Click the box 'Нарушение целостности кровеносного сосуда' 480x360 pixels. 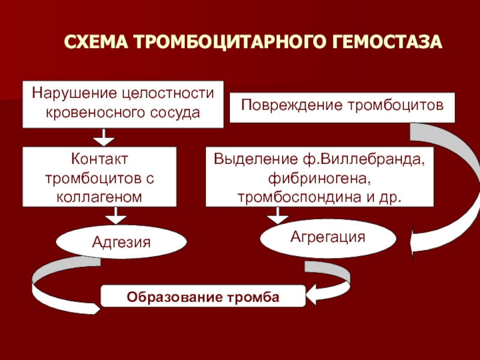[x=123, y=103]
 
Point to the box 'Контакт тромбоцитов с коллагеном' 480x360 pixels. [x=100, y=176]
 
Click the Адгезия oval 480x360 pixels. [x=121, y=241]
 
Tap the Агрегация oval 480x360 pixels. [x=328, y=237]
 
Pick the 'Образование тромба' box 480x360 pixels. [x=202, y=296]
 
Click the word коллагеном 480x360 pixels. [x=100, y=196]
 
